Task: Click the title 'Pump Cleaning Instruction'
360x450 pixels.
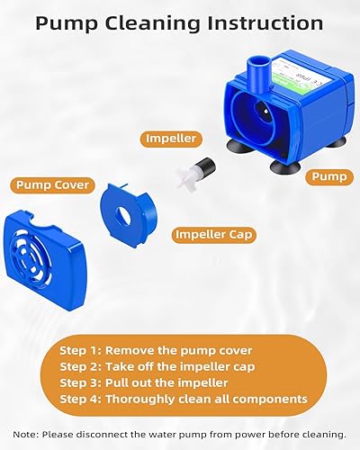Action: [x=180, y=22]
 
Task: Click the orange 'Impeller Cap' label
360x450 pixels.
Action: [x=215, y=234]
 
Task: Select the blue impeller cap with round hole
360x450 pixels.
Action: [x=131, y=217]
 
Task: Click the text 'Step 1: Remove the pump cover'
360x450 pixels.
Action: [x=143, y=350]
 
